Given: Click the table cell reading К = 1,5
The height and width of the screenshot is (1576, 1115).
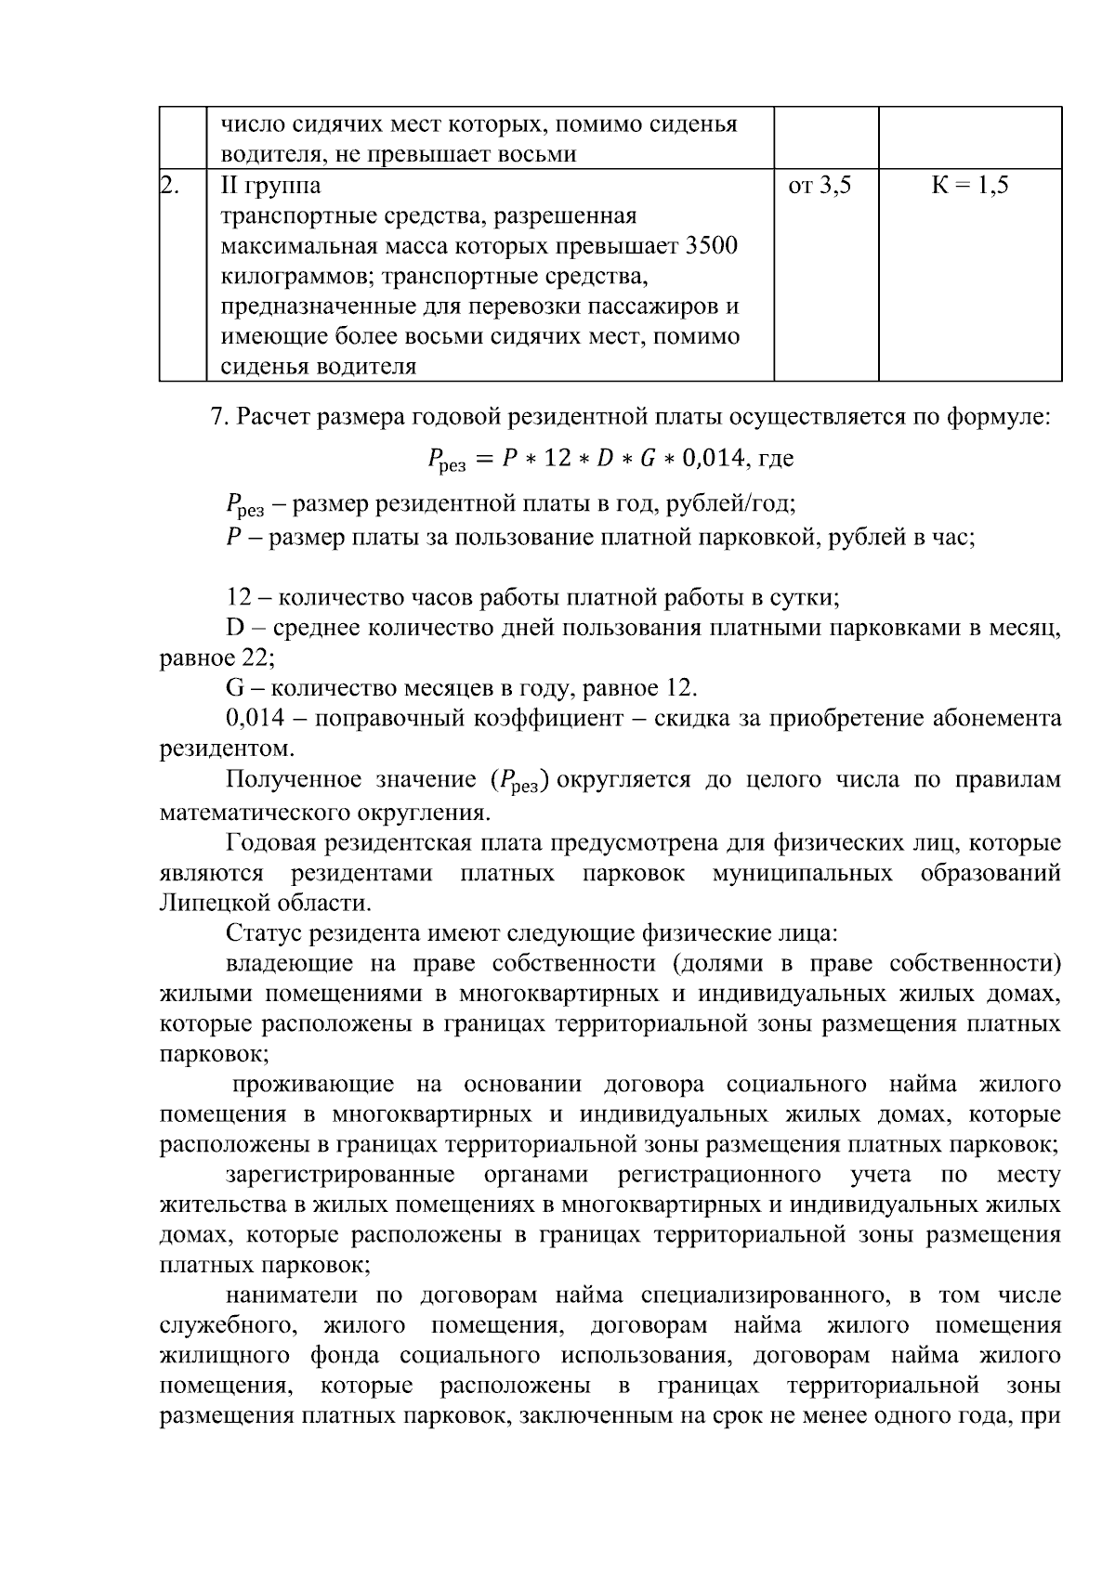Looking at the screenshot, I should [x=970, y=186].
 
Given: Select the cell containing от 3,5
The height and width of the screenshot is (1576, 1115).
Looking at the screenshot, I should [x=820, y=186].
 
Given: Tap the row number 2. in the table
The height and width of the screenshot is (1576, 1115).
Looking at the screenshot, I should [x=170, y=186].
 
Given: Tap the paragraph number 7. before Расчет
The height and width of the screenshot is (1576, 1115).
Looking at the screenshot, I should [x=219, y=417].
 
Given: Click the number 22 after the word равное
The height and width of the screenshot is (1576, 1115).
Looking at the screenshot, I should [x=256, y=658].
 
